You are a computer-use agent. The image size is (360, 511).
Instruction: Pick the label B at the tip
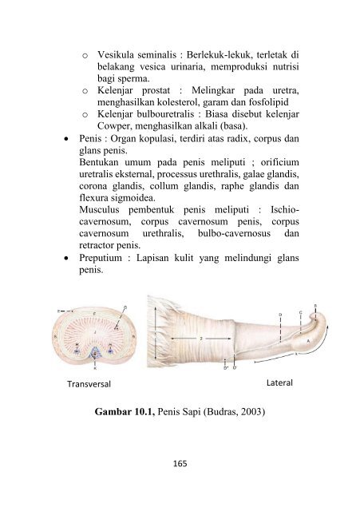315,306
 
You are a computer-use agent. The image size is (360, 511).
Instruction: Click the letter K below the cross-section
96,369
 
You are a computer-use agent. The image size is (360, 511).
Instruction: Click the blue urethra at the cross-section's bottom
96,352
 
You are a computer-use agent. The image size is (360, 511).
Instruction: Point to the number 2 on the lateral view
201,338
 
